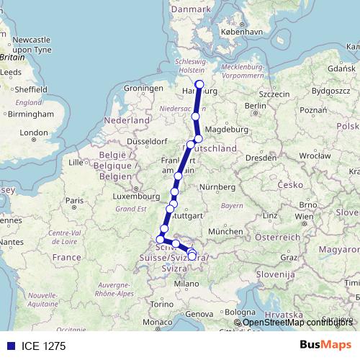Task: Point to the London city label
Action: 33,132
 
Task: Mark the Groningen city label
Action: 140,88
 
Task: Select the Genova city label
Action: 200,314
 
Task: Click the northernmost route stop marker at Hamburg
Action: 199,84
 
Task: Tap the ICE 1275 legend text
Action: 44,346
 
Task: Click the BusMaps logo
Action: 325,346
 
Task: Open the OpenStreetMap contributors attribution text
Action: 297,322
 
